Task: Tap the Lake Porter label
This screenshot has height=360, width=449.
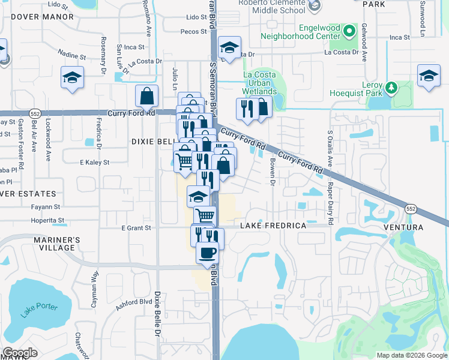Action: point(39,310)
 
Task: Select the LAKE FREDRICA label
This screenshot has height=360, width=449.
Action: point(273,226)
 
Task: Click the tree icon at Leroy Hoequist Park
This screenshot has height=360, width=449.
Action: point(391,88)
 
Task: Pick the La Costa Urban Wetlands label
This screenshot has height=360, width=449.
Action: point(259,83)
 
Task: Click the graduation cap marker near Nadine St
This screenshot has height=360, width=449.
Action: point(73,78)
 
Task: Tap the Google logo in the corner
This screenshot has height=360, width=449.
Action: point(20,352)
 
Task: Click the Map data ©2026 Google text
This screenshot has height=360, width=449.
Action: point(412,355)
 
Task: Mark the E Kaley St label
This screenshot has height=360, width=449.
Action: point(94,162)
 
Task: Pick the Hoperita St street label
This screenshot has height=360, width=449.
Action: point(49,220)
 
